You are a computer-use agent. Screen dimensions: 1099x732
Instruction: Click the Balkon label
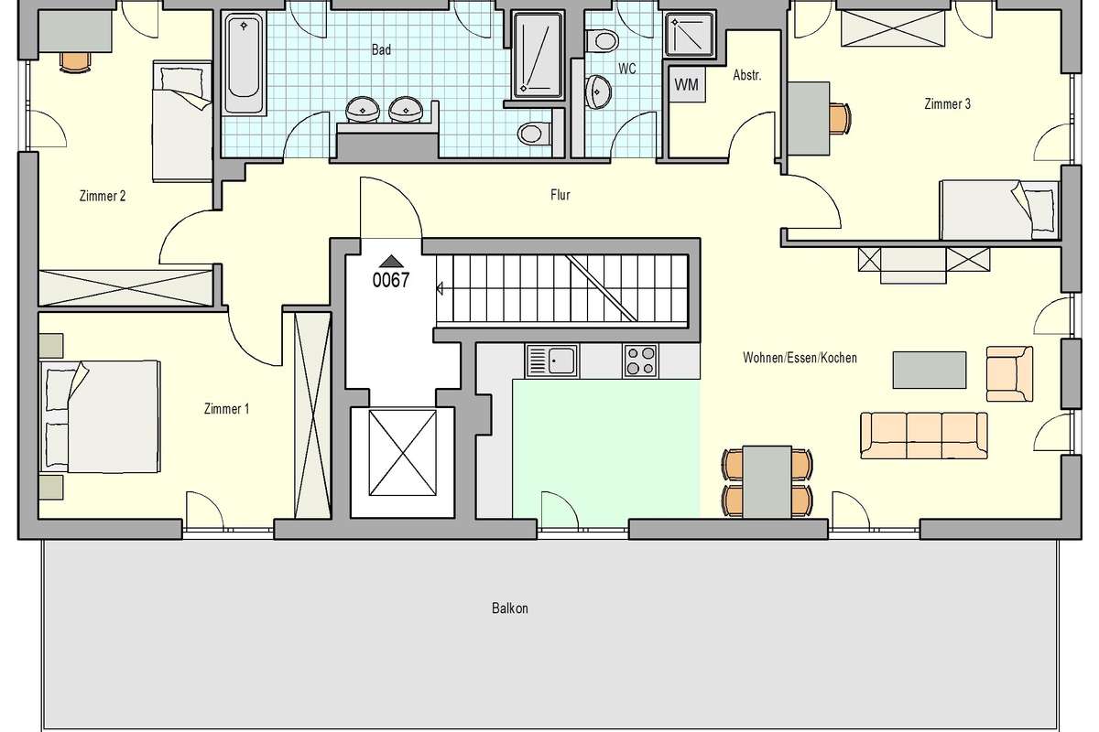pyautogui.click(x=510, y=608)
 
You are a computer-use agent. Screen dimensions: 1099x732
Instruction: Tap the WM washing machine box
pyautogui.click(x=687, y=84)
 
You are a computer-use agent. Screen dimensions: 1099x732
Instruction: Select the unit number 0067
pyautogui.click(x=390, y=280)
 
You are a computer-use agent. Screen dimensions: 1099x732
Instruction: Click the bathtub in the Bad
pyautogui.click(x=244, y=64)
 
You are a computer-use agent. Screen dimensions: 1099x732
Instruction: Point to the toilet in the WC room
pyautogui.click(x=602, y=41)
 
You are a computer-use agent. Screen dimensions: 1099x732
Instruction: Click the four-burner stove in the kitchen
pyautogui.click(x=640, y=361)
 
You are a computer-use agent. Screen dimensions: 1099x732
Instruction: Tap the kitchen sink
pyautogui.click(x=552, y=361)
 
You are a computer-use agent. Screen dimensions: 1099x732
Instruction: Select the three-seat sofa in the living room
pyautogui.click(x=924, y=436)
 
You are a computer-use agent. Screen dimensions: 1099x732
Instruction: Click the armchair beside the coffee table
pyautogui.click(x=1009, y=373)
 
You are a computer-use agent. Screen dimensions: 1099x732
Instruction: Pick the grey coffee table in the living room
pyautogui.click(x=930, y=370)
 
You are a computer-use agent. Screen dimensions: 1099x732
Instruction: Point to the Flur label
pyautogui.click(x=560, y=195)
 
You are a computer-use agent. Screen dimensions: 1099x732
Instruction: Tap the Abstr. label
pyautogui.click(x=746, y=75)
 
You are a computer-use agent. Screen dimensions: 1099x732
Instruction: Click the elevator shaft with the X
pyautogui.click(x=402, y=453)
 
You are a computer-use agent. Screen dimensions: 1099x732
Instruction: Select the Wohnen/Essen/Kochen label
pyautogui.click(x=800, y=358)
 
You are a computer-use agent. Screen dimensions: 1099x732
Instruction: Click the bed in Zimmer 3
pyautogui.click(x=999, y=210)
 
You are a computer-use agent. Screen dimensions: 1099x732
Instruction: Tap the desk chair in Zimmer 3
pyautogui.click(x=840, y=118)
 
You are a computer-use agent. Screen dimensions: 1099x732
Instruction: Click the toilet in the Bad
pyautogui.click(x=534, y=133)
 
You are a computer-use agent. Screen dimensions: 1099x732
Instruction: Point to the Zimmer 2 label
pyautogui.click(x=103, y=196)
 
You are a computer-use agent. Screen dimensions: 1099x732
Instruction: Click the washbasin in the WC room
pyautogui.click(x=599, y=91)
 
